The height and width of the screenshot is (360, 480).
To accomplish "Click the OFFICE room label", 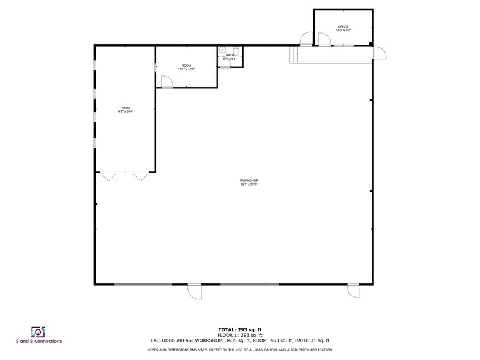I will coord(343,26).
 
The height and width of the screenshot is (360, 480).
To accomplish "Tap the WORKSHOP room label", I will coord(249,180).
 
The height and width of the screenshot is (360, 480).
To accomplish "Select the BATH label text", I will coord(230,55).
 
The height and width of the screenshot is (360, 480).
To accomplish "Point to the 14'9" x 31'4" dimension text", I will coord(125,111).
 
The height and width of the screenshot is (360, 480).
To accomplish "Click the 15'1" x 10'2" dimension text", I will coord(186,69).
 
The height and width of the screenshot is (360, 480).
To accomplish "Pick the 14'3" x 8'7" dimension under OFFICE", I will coord(343,30).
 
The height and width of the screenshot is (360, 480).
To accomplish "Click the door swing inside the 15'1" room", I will coord(165,81).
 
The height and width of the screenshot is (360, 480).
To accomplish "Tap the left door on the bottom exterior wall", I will coord(195,291).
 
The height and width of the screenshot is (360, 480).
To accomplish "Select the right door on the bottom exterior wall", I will coord(353,291).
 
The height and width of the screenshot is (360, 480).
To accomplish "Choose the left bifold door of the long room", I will coord(110,176).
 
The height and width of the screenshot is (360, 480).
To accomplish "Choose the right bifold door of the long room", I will coord(141,176).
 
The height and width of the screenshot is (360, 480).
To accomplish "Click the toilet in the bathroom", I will coord(223,51).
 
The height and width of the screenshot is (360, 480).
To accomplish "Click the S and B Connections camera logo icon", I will coord(38,331).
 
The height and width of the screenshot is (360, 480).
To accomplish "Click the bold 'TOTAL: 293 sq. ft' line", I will coord(240,330).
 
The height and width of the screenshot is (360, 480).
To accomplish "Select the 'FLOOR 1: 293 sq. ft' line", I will coord(240,335).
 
